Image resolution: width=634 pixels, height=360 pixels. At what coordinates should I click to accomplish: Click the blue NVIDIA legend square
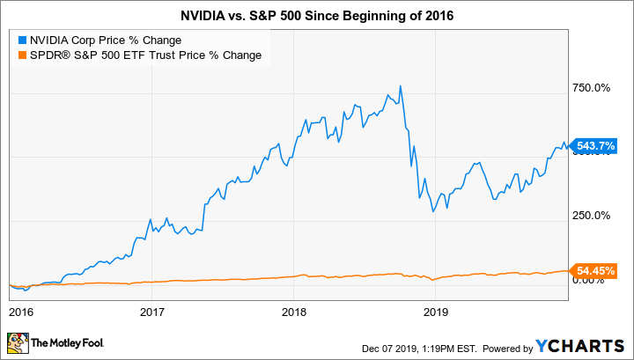(x=21, y=40)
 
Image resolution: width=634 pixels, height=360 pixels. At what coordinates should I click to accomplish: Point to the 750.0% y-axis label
(x=591, y=88)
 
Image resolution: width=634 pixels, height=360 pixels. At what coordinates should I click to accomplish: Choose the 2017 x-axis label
(x=153, y=312)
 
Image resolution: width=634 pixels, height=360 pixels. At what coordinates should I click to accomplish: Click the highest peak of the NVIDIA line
(x=401, y=86)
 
